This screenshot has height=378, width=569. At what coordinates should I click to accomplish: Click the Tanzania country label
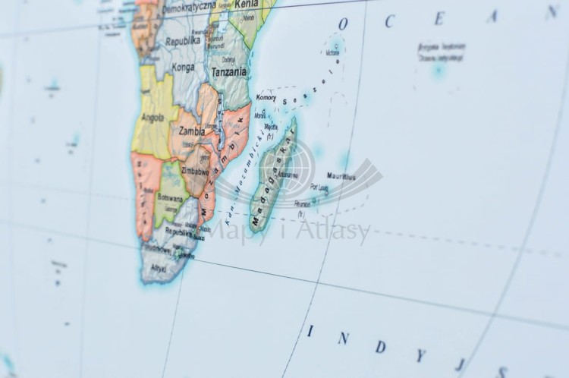tap(228, 72)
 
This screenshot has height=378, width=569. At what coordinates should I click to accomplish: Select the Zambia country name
tap(191, 131)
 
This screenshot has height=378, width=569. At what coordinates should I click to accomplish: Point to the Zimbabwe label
tap(195, 172)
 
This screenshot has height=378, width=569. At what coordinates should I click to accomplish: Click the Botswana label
tap(168, 197)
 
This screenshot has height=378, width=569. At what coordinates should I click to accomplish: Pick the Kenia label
tap(246, 5)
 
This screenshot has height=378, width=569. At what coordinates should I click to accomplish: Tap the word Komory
tap(266, 98)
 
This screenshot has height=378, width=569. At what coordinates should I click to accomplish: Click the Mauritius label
tap(341, 176)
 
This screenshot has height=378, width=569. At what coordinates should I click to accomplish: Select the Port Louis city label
tap(319, 186)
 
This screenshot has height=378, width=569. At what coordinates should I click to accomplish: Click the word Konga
tap(183, 67)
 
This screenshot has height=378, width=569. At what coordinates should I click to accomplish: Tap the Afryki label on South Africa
tap(157, 268)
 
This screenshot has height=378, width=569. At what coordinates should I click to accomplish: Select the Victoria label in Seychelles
tap(333, 53)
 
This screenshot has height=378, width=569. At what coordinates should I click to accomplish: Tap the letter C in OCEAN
tap(389, 21)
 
